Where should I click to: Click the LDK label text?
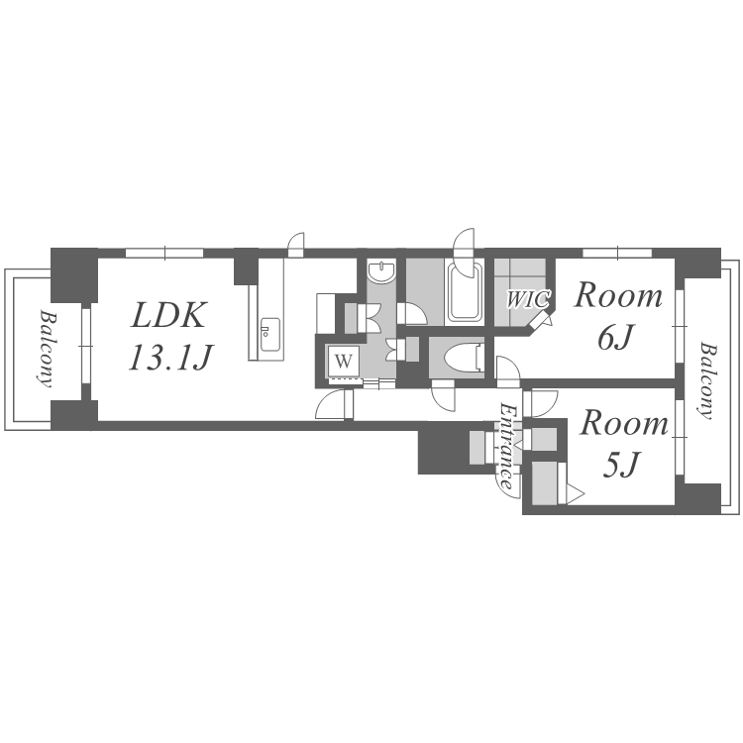[168, 316]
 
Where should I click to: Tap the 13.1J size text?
[170, 359]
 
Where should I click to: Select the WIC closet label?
[528, 299]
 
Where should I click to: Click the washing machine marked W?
[344, 362]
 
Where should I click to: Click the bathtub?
[465, 292]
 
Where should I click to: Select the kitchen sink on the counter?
[270, 335]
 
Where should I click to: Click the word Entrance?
[508, 447]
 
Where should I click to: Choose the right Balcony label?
[705, 380]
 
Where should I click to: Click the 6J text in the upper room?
[614, 339]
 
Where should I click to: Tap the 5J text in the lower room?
[621, 466]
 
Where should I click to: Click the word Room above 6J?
[617, 296]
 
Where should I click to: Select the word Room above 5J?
[624, 424]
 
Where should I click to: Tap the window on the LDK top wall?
[164, 253]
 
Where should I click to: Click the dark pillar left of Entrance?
[444, 450]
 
